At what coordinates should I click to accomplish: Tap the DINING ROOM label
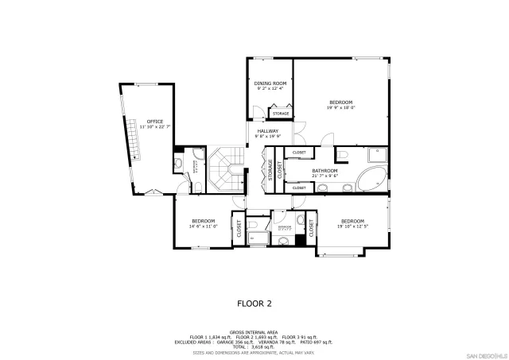[270, 83]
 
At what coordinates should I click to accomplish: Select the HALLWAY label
[267, 131]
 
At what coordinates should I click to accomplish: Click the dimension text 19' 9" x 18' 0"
[341, 106]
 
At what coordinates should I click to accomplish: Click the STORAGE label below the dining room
[281, 113]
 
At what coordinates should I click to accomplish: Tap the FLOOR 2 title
[254, 303]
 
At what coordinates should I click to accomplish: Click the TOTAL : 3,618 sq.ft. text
[254, 347]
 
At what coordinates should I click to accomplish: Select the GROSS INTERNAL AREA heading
[254, 332]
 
